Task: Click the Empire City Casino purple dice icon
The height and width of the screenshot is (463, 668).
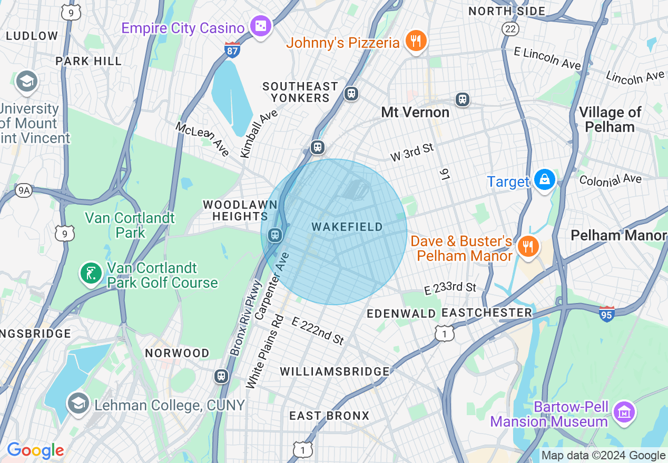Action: pos(260,26)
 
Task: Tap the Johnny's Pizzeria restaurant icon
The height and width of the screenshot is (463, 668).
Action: pos(416,41)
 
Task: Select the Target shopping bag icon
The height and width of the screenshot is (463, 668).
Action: pos(544,180)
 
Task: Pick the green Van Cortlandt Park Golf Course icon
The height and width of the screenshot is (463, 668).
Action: pos(91,273)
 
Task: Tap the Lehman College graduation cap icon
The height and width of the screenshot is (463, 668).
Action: pos(78,404)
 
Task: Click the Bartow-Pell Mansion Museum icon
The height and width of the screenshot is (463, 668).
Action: pos(625,413)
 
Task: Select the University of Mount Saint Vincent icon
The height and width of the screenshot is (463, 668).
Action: pos(26,81)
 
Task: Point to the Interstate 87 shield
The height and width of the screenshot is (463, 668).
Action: pos(232,50)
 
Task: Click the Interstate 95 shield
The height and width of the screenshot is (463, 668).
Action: pos(606,314)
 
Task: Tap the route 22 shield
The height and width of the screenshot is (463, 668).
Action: pos(510,28)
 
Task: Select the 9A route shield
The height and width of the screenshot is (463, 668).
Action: pos(23,190)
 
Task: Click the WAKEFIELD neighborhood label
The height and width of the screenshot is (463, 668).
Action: pos(347,227)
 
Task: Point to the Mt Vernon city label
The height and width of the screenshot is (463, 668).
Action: pos(415,112)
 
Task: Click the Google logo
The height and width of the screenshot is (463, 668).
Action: pos(35,450)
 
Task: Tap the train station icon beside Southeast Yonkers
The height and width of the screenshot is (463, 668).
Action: pos(351,94)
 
